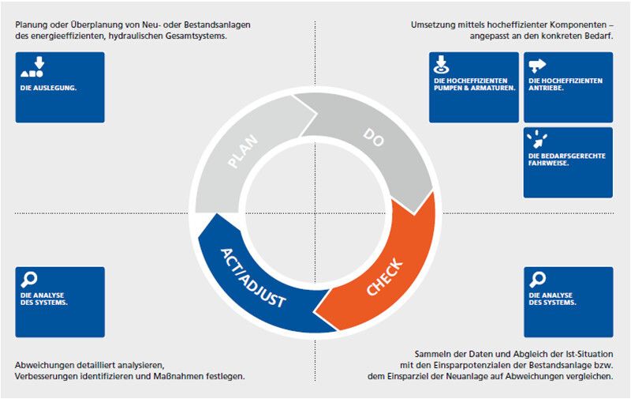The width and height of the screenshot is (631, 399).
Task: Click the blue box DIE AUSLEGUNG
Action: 60,87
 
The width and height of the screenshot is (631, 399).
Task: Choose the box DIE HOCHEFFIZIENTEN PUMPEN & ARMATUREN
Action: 473,87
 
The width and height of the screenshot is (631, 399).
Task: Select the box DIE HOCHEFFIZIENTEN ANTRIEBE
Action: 568,87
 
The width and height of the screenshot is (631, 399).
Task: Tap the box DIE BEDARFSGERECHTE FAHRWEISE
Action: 568,162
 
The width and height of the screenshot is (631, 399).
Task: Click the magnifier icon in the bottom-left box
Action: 30,279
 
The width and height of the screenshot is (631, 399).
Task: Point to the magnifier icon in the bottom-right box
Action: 539,279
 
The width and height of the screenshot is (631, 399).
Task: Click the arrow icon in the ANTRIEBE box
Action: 538,65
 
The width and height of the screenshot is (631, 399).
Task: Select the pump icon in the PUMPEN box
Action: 442,64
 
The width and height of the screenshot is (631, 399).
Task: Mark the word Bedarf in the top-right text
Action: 602,36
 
